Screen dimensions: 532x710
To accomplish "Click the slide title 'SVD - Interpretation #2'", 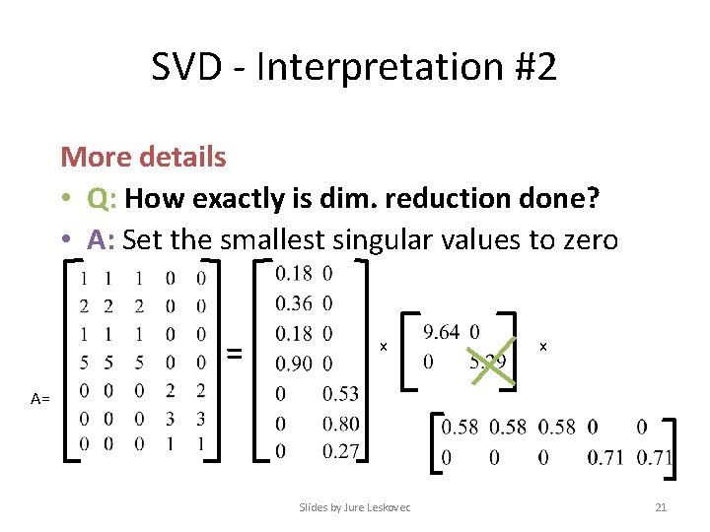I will click(x=354, y=68).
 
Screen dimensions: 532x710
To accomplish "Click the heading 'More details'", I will click(x=143, y=157).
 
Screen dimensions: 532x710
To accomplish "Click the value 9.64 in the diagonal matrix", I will click(x=441, y=332).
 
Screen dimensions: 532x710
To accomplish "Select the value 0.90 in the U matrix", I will click(x=293, y=364).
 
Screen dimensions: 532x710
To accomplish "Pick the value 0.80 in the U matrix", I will click(x=340, y=424).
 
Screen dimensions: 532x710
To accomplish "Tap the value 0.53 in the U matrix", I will click(x=340, y=394).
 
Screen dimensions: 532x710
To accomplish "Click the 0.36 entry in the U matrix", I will click(x=293, y=302).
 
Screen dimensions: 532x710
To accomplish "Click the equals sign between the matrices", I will click(x=235, y=352).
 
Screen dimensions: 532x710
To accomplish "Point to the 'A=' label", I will click(x=40, y=399).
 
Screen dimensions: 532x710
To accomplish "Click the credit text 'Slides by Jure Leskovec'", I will click(x=355, y=506).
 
